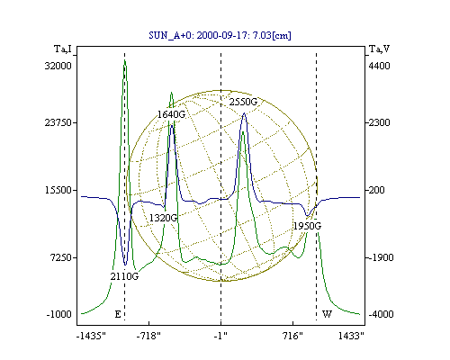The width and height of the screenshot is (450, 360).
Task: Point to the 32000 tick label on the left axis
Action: click(58, 66)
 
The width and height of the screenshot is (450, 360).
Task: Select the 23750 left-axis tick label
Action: click(58, 122)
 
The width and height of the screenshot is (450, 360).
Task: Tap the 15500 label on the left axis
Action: click(58, 190)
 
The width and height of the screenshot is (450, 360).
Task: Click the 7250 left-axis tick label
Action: click(61, 257)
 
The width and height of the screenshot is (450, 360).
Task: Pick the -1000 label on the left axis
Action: click(59, 314)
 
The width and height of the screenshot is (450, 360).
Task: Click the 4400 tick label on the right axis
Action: click(379, 66)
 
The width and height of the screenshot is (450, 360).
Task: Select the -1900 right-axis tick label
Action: click(381, 257)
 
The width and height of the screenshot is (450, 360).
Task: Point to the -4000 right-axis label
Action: click(381, 314)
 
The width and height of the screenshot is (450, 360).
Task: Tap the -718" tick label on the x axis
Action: click(148, 336)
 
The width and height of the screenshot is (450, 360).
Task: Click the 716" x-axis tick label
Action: click(292, 336)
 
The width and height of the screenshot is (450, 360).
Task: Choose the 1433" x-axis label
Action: click(351, 336)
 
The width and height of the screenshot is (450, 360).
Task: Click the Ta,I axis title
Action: click(63, 49)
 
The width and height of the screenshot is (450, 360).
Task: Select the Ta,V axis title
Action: click(379, 49)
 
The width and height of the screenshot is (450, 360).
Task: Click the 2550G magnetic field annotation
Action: click(243, 102)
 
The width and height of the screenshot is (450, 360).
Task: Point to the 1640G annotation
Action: click(172, 114)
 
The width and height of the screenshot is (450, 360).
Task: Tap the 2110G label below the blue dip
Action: click(124, 276)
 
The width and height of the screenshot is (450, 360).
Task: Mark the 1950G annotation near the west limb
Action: click(307, 226)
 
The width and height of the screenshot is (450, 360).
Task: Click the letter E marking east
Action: click(118, 314)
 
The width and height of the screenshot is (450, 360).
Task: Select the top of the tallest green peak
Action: click(125, 60)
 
